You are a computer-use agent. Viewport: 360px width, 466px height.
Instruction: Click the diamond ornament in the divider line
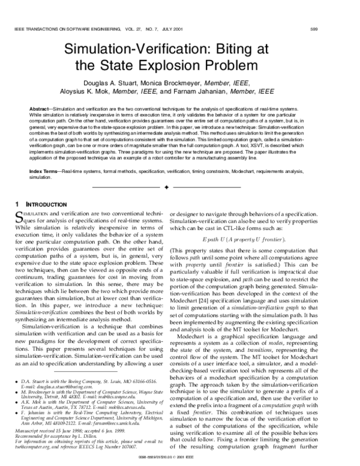[x=181, y=188]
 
